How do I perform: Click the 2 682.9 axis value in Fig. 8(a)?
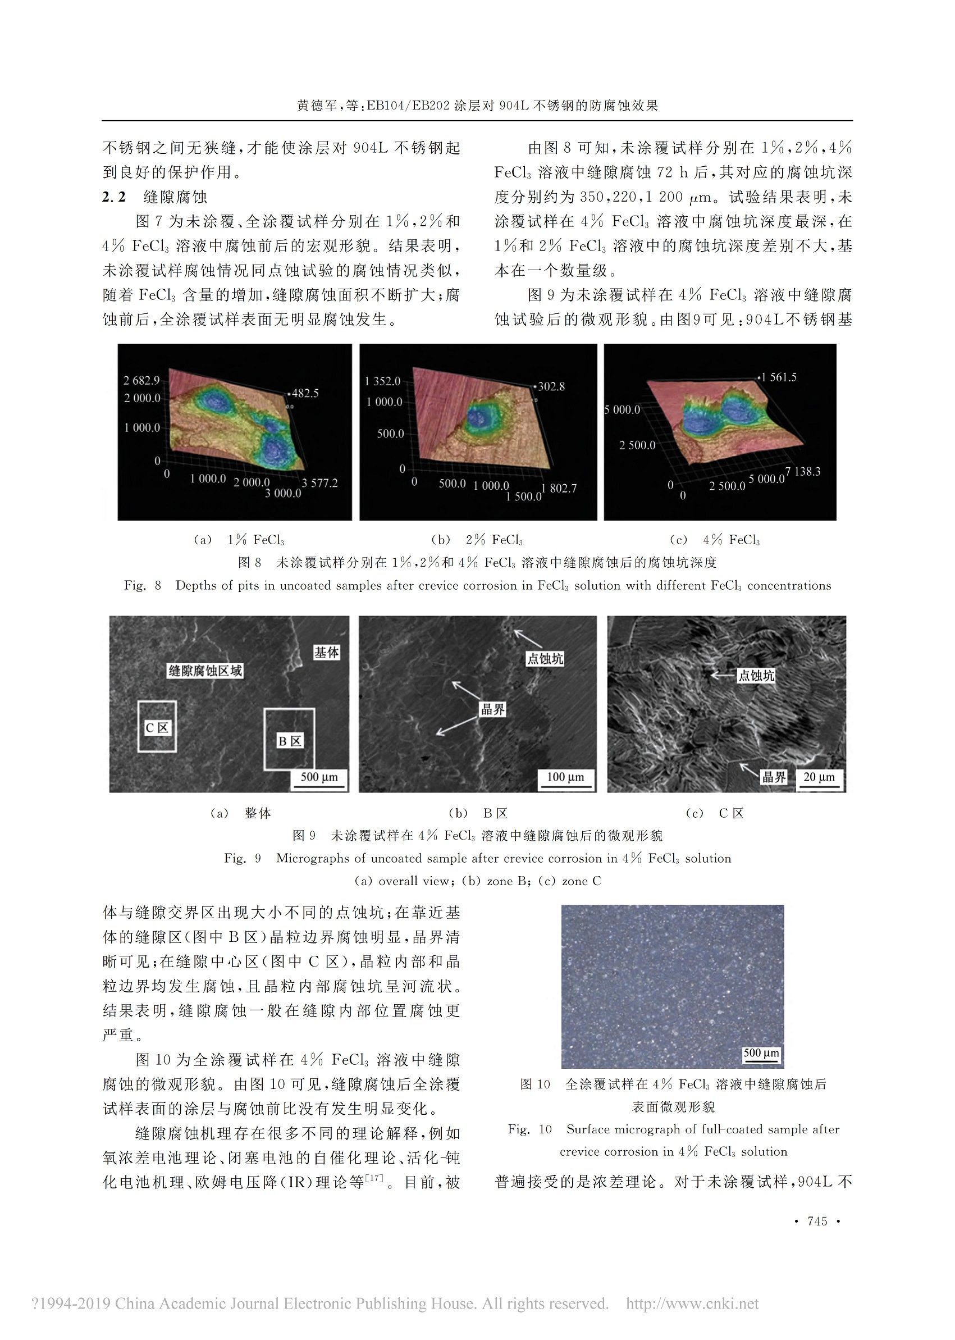pos(141,381)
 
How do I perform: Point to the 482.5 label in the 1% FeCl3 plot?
pos(305,393)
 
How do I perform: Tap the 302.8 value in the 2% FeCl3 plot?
pos(551,386)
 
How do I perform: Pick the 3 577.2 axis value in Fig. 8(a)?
pos(320,483)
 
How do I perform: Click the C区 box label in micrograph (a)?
pos(157,728)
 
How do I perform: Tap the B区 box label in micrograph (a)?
pos(289,741)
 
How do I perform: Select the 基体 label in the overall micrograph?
pos(326,653)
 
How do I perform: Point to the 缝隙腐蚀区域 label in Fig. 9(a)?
pos(205,671)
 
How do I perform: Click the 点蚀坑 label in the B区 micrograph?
pos(545,659)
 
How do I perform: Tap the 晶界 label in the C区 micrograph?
pos(774,777)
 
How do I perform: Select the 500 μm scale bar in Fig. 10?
pos(761,1054)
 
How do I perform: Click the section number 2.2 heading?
pos(114,197)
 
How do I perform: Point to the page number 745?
pos(817,1221)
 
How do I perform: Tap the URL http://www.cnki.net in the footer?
pos(692,1303)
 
